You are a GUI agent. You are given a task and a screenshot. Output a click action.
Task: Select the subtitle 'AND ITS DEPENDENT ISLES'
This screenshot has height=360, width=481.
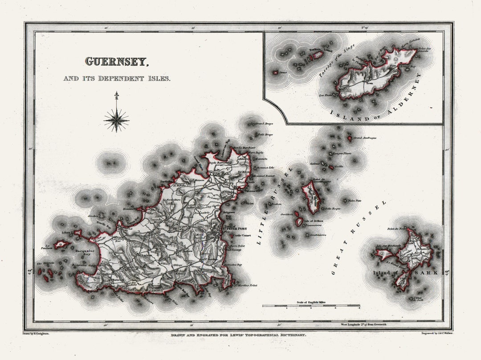(117, 78)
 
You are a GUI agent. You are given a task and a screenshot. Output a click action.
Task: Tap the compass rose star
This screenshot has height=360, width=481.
(116, 119)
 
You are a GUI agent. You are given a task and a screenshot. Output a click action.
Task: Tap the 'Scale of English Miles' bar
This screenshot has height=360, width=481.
(310, 305)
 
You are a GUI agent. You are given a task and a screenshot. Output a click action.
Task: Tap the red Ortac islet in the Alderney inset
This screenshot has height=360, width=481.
(276, 72)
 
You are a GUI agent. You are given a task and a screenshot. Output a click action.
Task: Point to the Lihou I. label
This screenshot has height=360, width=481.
(66, 233)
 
